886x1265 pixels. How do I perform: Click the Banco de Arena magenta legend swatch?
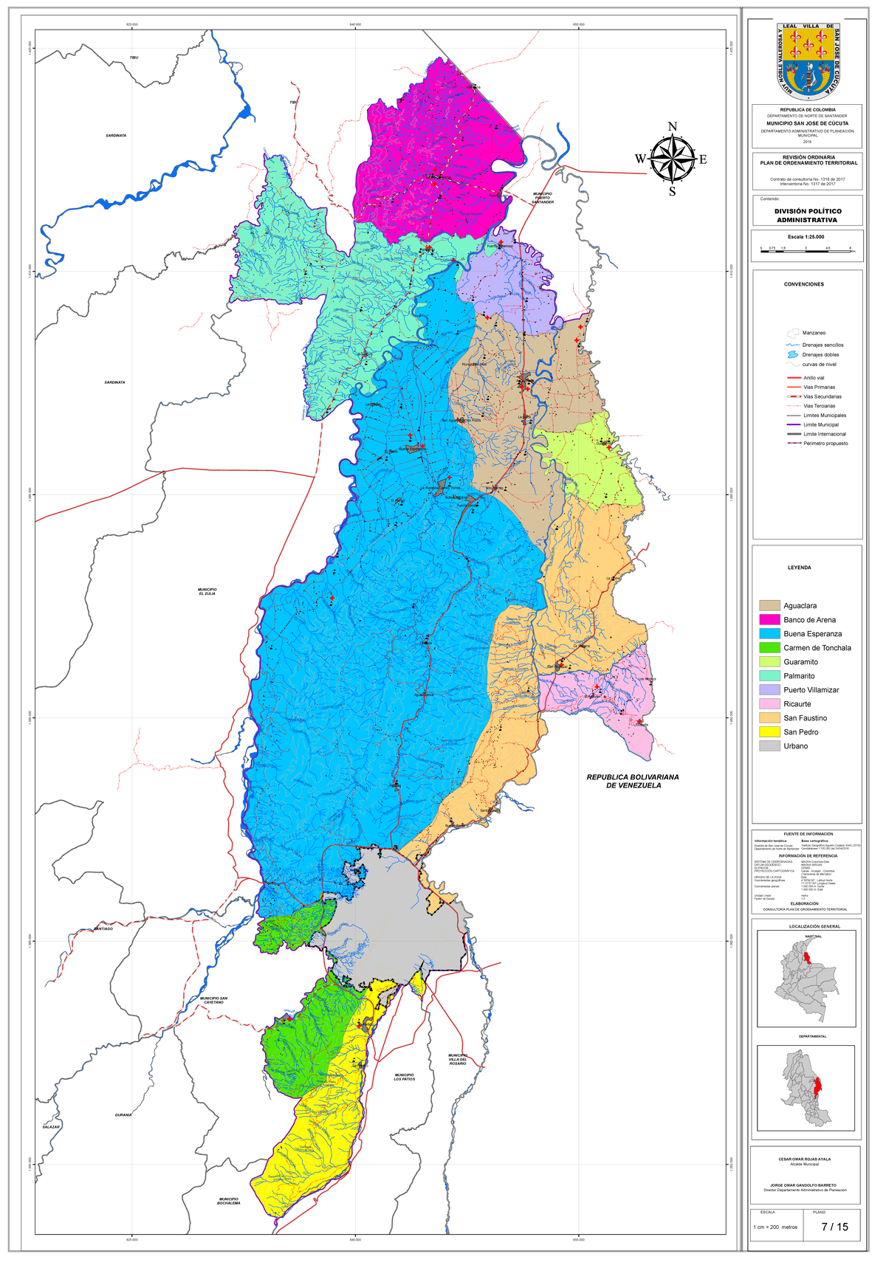(x=769, y=619)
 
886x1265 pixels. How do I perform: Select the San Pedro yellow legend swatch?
(x=769, y=731)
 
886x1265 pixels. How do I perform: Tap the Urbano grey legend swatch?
(x=769, y=745)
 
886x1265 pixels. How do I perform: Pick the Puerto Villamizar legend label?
(x=811, y=690)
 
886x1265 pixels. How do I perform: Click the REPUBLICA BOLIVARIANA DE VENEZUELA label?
(x=633, y=781)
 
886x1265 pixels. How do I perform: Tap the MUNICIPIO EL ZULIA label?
(x=207, y=591)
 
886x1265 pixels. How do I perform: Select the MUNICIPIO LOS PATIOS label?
(x=404, y=1077)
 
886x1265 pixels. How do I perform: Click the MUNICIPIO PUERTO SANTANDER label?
(x=543, y=198)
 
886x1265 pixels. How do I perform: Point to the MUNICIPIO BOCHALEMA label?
(x=228, y=1201)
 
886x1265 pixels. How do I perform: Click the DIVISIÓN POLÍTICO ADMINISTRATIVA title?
(x=807, y=216)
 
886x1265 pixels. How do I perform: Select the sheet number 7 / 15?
(x=834, y=1227)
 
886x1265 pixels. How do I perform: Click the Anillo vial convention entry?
(x=814, y=378)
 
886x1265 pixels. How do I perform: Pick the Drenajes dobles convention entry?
(x=820, y=355)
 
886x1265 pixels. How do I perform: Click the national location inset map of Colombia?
(x=806, y=978)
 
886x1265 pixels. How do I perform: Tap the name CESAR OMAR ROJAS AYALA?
(x=804, y=1159)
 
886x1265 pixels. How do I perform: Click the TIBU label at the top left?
(x=134, y=57)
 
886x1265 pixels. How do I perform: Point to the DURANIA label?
(x=123, y=1114)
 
